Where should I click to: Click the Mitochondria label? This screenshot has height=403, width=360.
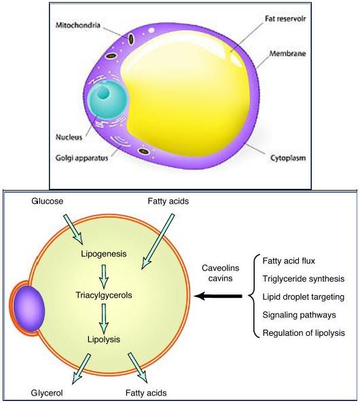point(77,25)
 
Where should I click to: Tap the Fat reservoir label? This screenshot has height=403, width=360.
point(285,19)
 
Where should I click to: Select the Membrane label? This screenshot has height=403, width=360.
point(287,54)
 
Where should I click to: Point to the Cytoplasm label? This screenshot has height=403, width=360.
point(288,158)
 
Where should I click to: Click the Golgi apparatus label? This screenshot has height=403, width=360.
point(82,158)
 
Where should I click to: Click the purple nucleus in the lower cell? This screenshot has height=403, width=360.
point(29,309)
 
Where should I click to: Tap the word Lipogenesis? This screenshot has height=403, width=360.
point(104,254)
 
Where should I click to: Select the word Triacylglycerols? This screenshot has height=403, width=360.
point(104,295)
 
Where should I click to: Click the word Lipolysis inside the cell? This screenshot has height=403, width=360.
point(104,339)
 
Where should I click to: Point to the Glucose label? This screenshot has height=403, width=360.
point(48,201)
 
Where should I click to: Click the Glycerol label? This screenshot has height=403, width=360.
point(47,393)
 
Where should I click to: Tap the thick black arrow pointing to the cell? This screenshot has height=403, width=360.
point(218,296)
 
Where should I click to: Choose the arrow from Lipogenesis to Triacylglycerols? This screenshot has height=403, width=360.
point(104,276)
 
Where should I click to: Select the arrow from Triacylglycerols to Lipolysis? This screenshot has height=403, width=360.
point(104,319)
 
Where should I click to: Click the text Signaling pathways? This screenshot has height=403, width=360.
point(299,315)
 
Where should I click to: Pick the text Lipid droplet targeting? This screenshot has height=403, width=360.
point(304,297)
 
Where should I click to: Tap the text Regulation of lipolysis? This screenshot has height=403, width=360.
point(304,333)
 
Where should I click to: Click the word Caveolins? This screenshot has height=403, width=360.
point(221,268)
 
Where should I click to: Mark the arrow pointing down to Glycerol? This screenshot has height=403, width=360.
point(82,369)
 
